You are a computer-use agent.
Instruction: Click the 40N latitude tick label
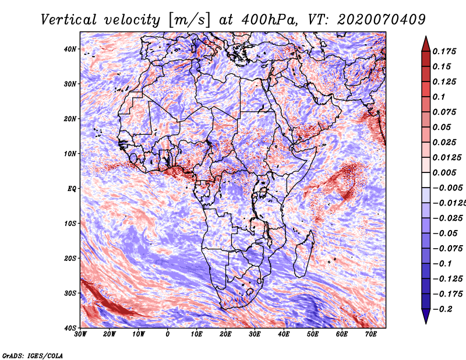click(70, 49)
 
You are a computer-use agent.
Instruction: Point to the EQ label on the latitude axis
click(72, 189)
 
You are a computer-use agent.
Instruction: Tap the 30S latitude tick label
click(70, 293)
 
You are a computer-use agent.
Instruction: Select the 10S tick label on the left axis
click(70, 223)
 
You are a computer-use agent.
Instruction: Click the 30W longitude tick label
click(80, 334)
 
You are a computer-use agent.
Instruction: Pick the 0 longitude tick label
click(168, 334)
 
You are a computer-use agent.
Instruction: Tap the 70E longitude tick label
click(371, 334)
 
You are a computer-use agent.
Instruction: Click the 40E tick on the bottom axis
click(284, 334)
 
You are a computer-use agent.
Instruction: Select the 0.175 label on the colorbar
click(444, 51)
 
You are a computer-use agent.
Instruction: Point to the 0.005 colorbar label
click(444, 172)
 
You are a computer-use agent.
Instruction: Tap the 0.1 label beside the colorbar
click(439, 97)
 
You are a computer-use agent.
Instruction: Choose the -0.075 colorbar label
click(448, 249)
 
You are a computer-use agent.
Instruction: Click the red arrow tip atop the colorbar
click(426, 37)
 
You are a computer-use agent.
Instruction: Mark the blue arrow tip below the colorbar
click(426, 323)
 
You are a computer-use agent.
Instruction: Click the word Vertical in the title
click(69, 20)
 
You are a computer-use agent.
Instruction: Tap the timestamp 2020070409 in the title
click(382, 20)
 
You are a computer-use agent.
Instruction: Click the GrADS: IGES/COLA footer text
click(33, 355)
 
